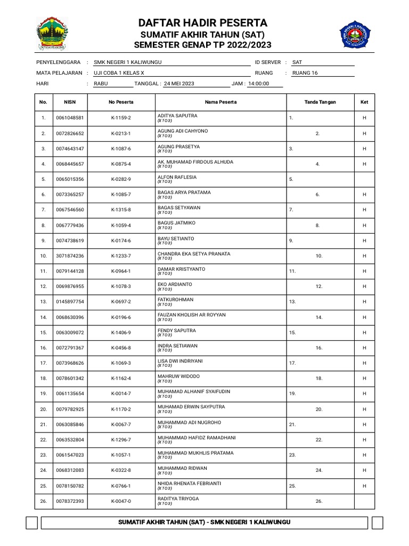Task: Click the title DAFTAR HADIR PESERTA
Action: (x=203, y=22)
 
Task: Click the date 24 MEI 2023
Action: (x=179, y=84)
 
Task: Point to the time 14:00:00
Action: (x=259, y=84)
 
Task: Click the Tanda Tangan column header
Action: (x=320, y=102)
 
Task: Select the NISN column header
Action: (x=70, y=102)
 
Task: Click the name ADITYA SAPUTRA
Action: (x=177, y=116)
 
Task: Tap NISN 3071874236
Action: (x=70, y=256)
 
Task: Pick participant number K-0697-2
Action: (x=121, y=302)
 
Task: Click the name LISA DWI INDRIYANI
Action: (x=180, y=361)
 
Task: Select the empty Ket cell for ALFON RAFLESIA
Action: (x=364, y=179)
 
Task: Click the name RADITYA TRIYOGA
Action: (x=178, y=499)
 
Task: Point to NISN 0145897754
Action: (x=70, y=302)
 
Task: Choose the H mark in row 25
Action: (x=364, y=486)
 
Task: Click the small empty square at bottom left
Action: (x=31, y=522)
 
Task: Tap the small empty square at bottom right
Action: (x=377, y=522)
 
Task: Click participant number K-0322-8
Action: (x=121, y=471)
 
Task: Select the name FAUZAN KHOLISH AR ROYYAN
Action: (x=191, y=315)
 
